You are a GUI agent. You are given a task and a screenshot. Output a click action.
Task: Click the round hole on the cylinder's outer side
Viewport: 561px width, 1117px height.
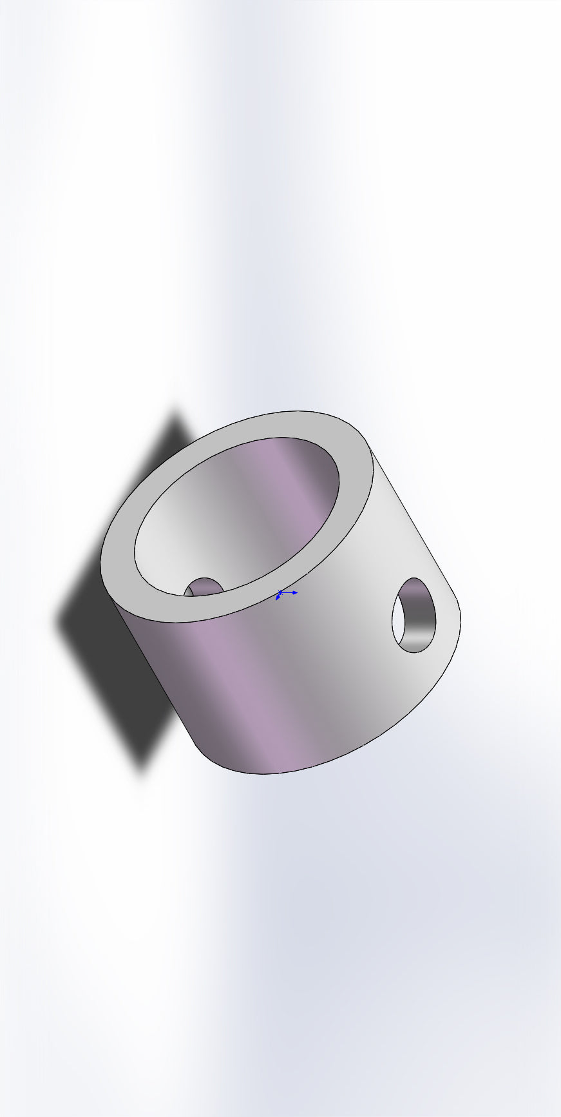414,615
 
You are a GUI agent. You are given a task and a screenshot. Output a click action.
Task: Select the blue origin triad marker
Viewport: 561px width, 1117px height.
280,592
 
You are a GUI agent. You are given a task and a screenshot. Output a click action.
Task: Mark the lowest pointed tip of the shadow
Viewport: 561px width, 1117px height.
142,770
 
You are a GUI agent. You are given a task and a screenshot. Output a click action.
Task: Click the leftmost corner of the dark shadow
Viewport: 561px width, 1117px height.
57,623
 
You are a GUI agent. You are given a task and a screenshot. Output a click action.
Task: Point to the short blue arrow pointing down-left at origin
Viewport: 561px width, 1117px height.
278,597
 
